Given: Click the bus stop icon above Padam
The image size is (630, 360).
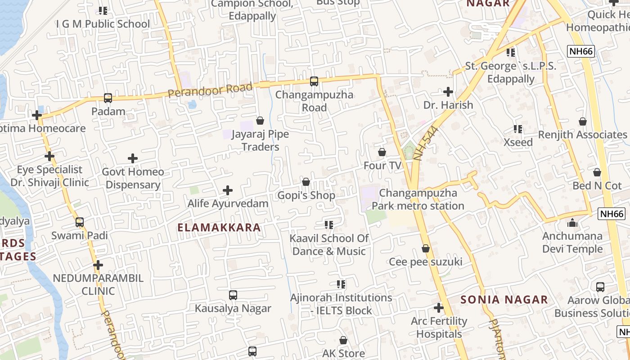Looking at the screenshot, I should (x=108, y=98).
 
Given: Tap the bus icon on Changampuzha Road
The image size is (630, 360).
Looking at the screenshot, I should (x=314, y=81).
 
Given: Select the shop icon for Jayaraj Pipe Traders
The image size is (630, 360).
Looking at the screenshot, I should (x=260, y=121).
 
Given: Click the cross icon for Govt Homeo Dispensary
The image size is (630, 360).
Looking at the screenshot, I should (x=133, y=158).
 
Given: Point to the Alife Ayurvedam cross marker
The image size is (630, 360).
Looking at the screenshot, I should (x=228, y=190).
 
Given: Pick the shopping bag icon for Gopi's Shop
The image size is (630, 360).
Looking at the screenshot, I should (x=306, y=182).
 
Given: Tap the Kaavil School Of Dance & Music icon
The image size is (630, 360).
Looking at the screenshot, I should (x=329, y=225).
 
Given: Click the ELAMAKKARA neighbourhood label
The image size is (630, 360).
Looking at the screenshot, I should (x=219, y=228).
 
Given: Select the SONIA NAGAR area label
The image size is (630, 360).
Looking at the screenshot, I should (x=504, y=300).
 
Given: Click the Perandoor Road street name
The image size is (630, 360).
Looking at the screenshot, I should (x=210, y=90).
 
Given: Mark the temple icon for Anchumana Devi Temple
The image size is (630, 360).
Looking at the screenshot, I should (x=572, y=223).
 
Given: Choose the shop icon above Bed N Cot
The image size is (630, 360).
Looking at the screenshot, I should (x=597, y=172).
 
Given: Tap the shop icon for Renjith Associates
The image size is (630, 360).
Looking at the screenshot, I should (x=583, y=121).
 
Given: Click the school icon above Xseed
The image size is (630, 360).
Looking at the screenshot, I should (x=518, y=129).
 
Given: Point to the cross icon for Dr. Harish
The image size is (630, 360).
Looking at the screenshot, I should (x=448, y=92).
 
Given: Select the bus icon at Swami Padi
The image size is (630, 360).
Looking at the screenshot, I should (x=80, y=222).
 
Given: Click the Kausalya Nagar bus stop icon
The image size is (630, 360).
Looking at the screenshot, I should (x=233, y=295).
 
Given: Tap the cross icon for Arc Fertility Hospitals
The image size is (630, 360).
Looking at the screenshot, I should (x=439, y=308).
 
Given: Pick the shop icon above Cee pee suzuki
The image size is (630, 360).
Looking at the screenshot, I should (x=426, y=248).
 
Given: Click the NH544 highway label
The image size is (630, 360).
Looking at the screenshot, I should (x=425, y=144).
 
